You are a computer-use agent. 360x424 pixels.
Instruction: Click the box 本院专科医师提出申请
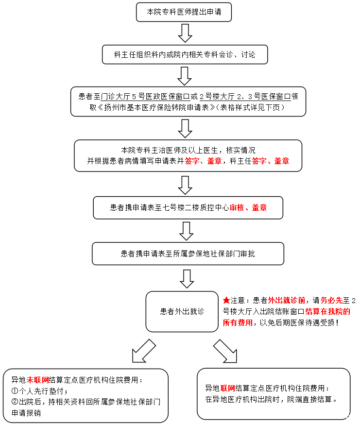point(184,12)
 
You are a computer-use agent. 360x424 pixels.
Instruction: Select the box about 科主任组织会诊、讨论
point(185,54)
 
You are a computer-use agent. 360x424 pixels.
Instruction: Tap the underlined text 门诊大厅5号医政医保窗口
point(145,97)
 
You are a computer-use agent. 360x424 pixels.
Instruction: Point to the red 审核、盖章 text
point(248,208)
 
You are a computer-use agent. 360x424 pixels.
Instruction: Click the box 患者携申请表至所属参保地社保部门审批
point(188,254)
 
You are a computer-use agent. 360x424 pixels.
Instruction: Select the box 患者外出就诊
point(182,311)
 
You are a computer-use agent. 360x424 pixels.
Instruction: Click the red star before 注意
point(226,300)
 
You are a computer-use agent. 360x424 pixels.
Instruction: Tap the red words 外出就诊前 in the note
point(287,301)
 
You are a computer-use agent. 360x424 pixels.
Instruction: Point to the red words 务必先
point(332,301)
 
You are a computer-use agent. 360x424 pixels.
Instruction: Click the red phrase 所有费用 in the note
point(238,322)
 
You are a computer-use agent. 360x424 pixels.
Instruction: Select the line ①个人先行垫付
point(39,391)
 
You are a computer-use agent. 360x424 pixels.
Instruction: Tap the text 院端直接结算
point(309,399)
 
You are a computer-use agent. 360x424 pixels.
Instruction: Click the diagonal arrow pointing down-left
point(144,351)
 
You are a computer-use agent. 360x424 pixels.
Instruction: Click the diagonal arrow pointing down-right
point(225,351)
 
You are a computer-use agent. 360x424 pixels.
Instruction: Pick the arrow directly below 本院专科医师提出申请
point(185,33)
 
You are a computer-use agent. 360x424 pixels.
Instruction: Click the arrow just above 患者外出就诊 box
point(187,279)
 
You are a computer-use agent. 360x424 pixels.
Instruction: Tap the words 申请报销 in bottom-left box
point(26,413)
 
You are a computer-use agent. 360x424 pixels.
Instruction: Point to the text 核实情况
point(240,150)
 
